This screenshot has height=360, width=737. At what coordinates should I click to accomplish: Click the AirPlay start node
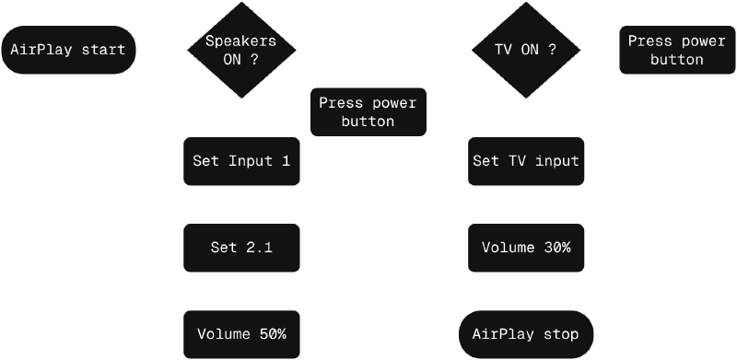point(68,50)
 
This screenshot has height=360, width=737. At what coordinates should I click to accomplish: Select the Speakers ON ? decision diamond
point(240,50)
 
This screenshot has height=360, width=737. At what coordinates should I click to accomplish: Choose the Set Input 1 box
point(241,161)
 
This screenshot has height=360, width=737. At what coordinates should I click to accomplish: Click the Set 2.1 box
point(241,247)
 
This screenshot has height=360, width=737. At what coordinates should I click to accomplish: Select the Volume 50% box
point(241,333)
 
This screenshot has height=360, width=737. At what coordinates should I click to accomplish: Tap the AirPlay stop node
point(526,333)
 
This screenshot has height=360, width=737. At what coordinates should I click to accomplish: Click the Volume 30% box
point(526,247)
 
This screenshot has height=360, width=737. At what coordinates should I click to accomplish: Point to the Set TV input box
point(526,161)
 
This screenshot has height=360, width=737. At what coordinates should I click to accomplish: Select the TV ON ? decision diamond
point(526,50)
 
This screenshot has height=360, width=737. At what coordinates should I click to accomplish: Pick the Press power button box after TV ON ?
point(677,50)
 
